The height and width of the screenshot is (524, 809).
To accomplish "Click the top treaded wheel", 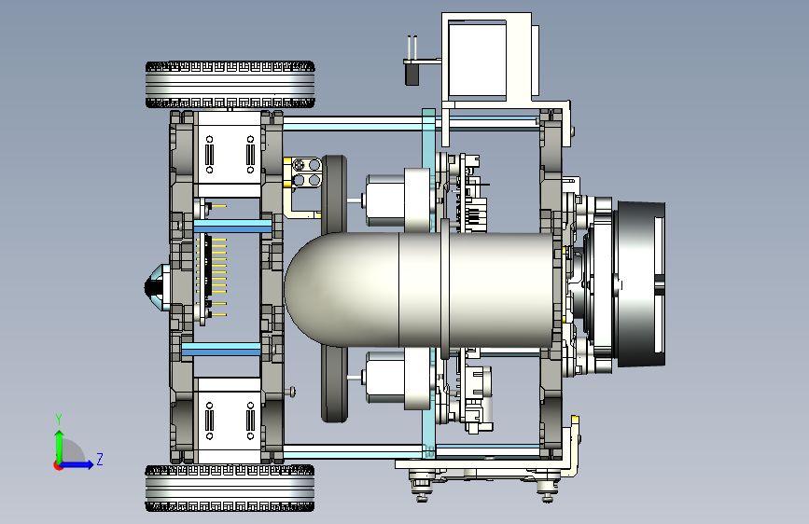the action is coord(230,85).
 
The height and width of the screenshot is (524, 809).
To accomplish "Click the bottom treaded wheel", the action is coord(230,488).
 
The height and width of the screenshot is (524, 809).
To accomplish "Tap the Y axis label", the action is coord(59,420).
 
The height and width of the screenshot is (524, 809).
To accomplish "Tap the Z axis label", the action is coord(100,459).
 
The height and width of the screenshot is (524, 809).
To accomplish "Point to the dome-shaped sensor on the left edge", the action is coord(157,287).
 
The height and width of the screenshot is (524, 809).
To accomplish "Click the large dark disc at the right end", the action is coord(640,284).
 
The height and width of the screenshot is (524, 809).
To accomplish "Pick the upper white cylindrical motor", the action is coord(384,200).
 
